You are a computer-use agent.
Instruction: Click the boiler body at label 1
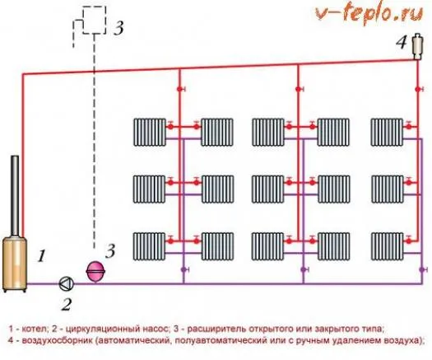15,264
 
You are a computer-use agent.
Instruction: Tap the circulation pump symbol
66,283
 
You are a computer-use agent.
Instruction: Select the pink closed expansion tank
95,271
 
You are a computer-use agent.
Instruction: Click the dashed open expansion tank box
95,20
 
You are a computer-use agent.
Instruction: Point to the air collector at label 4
417,46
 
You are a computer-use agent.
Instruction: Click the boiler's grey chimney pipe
15,196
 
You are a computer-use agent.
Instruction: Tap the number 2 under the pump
66,305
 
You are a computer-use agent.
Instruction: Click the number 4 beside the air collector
402,43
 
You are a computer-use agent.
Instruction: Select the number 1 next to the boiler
41,255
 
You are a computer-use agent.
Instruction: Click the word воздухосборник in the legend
58,340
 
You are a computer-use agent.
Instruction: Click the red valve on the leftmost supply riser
180,89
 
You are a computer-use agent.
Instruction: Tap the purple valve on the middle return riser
304,269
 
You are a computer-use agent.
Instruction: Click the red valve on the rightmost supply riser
419,89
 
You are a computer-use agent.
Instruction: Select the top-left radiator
150,132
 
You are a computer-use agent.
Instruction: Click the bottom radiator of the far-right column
388,246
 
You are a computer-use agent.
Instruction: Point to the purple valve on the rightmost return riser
422,269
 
